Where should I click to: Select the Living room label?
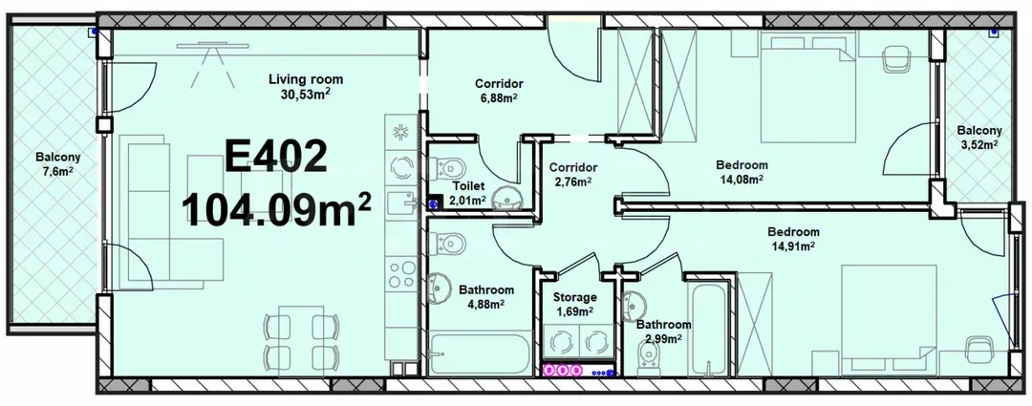(x=305, y=79)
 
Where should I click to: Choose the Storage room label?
(x=574, y=297)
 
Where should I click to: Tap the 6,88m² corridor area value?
(x=497, y=97)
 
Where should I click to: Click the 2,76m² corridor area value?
(x=572, y=181)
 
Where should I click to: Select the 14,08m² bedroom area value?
(x=742, y=179)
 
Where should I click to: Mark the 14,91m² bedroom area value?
(x=794, y=246)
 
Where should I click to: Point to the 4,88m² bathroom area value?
(x=485, y=304)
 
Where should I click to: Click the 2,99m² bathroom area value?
(x=663, y=338)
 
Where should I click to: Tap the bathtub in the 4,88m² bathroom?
(x=477, y=355)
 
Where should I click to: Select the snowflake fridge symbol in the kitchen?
(x=399, y=132)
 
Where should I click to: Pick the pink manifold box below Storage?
(x=563, y=370)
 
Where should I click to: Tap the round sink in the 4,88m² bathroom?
(x=441, y=287)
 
